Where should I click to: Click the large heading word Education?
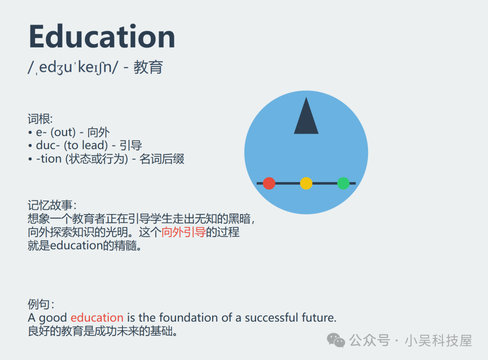pyautogui.click(x=102, y=37)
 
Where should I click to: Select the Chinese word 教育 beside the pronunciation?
pyautogui.click(x=148, y=67)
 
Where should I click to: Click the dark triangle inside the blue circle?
pyautogui.click(x=306, y=116)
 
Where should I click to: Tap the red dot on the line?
pyautogui.click(x=269, y=183)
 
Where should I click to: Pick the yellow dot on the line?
pyautogui.click(x=306, y=183)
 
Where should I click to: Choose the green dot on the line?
pyautogui.click(x=343, y=183)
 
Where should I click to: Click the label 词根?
pyautogui.click(x=40, y=119)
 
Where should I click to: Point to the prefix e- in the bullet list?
pyautogui.click(x=41, y=132)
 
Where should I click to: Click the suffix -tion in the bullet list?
pyautogui.click(x=48, y=159)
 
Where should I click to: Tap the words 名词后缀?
pyautogui.click(x=162, y=159)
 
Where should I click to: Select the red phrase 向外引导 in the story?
pyautogui.click(x=183, y=232)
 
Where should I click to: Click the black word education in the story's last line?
pyautogui.click(x=76, y=246)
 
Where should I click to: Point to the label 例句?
pyautogui.click(x=41, y=304)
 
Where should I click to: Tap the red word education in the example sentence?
pyautogui.click(x=97, y=318)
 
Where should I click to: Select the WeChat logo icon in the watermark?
pyautogui.click(x=336, y=340)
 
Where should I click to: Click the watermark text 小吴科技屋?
pyautogui.click(x=438, y=341)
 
